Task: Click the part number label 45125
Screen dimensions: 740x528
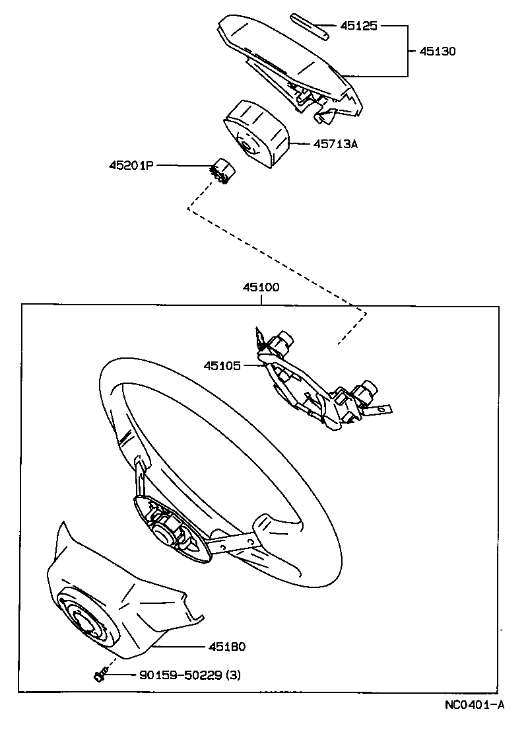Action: (x=358, y=26)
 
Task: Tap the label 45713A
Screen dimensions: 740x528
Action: (x=335, y=143)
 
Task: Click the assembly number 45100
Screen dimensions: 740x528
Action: (x=261, y=287)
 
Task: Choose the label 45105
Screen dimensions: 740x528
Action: (x=222, y=365)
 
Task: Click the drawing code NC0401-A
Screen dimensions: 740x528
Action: (x=474, y=705)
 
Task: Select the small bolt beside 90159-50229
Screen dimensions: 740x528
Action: (x=99, y=675)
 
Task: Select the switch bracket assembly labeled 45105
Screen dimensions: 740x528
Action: (x=317, y=383)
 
